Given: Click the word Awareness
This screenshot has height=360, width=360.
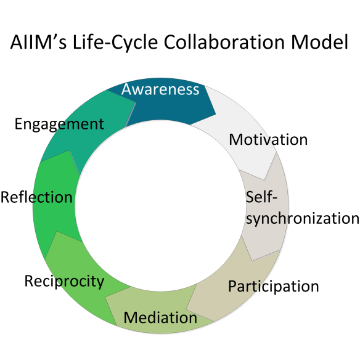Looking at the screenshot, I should [160, 89].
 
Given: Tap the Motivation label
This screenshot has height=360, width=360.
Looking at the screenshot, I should [268, 140].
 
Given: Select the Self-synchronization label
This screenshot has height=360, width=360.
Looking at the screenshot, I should [302, 208].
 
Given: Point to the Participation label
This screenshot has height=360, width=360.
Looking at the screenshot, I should [273, 287].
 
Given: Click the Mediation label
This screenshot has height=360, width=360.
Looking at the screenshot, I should [160, 318].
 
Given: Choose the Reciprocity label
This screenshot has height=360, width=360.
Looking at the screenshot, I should [64, 282].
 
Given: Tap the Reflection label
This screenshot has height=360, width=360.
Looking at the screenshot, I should [36, 198].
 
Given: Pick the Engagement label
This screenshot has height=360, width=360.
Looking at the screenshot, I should [59, 124].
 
